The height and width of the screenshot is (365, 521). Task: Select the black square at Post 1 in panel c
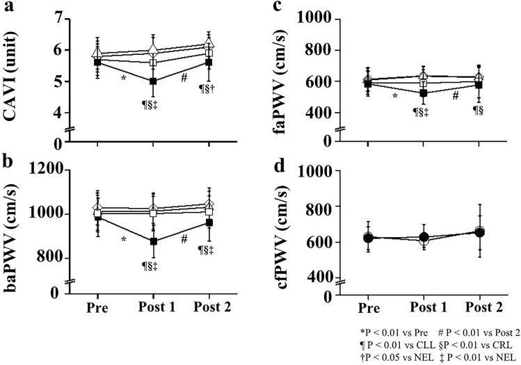[x=419, y=93]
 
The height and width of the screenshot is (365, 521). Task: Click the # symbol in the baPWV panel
[x=184, y=238]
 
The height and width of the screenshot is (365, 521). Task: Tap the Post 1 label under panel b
[x=154, y=306]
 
